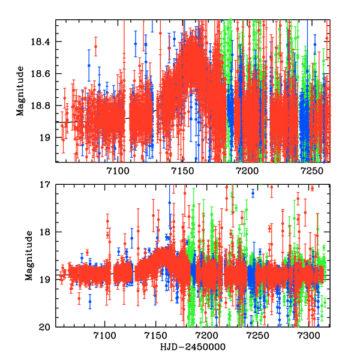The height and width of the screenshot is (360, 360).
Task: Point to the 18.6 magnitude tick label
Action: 43,74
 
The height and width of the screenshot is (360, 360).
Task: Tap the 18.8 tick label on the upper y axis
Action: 43,106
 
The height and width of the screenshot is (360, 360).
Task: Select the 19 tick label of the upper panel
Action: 46,138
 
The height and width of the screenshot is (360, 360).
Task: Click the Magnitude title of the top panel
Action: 20,91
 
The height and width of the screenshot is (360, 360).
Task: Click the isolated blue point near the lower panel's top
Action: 253,193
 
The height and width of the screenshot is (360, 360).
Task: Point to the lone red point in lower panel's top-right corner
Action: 313,188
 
